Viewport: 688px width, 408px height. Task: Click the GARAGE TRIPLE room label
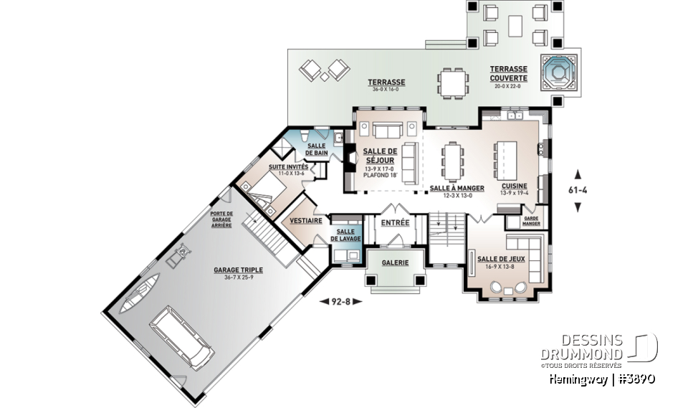[238, 270]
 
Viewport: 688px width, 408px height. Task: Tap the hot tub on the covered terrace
[558, 72]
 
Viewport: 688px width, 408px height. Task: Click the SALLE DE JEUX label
[501, 259]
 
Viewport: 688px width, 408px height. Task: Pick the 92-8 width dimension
[340, 301]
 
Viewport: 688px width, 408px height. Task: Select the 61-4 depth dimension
[578, 190]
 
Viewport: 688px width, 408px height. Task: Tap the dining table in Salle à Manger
[453, 161]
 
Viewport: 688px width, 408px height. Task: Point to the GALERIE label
[395, 262]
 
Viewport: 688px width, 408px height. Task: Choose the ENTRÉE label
[395, 223]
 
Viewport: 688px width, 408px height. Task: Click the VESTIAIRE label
[306, 220]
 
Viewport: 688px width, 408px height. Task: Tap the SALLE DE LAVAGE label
[345, 235]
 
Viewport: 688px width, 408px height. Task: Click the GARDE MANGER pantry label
[531, 221]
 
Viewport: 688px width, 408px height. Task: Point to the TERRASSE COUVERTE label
[509, 73]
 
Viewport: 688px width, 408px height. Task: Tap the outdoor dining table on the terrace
[453, 82]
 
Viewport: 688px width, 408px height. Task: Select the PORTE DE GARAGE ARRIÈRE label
[221, 219]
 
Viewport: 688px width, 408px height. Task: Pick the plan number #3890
[636, 379]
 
